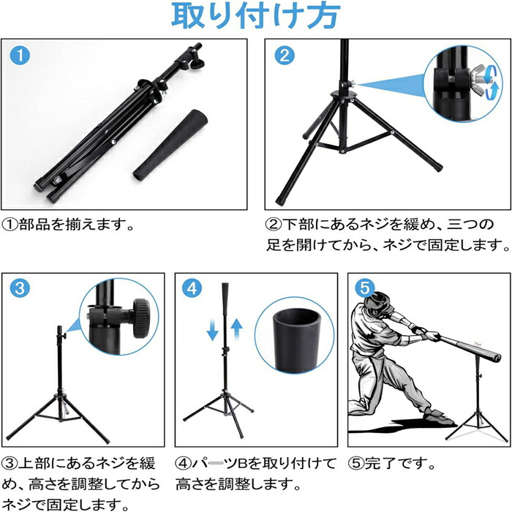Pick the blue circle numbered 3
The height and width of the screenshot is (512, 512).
point(20,287)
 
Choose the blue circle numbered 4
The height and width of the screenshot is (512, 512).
point(192,287)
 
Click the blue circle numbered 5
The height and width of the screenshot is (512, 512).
point(364,287)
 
